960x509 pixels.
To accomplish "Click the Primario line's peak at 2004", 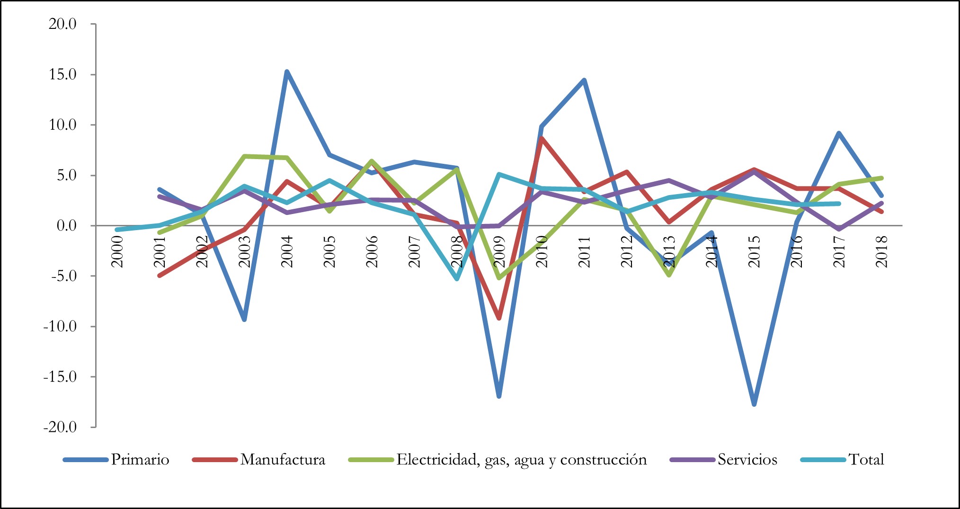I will click(287, 71).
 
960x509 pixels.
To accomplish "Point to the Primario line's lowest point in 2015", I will click(754, 404).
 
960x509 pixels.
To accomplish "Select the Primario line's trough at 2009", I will click(499, 396).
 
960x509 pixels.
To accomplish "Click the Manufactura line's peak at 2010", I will click(542, 138).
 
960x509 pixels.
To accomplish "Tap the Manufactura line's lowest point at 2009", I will click(499, 318).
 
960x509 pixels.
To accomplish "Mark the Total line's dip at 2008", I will click(457, 278).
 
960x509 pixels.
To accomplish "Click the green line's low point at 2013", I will click(669, 275).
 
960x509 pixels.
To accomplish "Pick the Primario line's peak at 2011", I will click(584, 80).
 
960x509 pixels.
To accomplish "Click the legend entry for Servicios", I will click(747, 460).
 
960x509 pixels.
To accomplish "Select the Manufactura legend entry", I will click(283, 460).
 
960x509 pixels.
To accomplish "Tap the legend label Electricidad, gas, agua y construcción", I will click(521, 460).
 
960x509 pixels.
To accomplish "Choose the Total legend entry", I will click(866, 460).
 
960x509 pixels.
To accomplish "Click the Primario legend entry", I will click(140, 460).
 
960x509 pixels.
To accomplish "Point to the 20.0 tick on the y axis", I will click(62, 24).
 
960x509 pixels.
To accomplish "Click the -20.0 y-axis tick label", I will click(60, 427).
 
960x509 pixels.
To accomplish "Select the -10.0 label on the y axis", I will click(60, 326).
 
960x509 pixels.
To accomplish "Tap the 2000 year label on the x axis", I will click(117, 251).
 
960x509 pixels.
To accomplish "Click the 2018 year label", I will click(881, 251).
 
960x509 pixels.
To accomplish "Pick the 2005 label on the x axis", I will click(329, 251).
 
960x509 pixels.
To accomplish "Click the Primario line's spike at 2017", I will click(839, 133).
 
